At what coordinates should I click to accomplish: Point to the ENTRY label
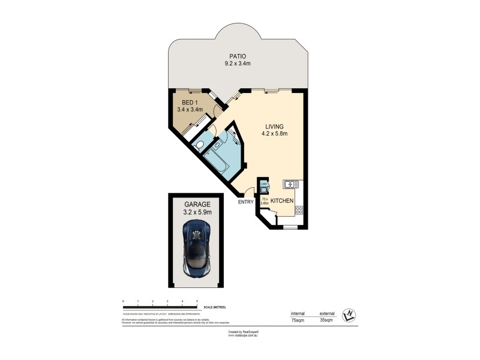246,202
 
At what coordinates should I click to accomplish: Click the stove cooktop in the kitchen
298,210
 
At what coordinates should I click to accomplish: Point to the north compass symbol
347,314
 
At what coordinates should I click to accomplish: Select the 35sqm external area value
326,321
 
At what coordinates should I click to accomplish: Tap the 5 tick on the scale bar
197,300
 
